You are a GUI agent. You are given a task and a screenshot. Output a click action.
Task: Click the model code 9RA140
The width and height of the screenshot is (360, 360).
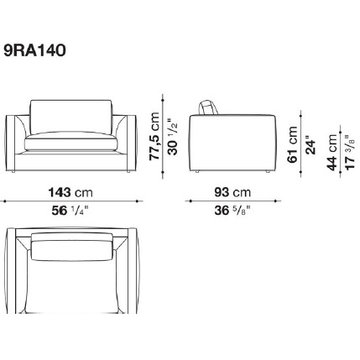tap(35, 51)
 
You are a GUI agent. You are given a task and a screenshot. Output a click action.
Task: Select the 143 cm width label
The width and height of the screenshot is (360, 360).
tap(70, 192)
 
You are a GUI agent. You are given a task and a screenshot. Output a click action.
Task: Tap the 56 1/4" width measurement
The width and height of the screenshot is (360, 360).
tap(70, 211)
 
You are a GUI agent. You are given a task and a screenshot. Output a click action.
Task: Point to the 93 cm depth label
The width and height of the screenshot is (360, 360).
tap(232, 192)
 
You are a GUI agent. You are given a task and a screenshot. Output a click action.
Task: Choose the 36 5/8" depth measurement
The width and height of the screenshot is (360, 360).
tap(232, 211)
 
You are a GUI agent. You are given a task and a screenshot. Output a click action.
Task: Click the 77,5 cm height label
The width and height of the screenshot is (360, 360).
tap(154, 136)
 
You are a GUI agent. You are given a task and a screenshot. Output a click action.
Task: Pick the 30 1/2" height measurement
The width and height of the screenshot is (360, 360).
tap(173, 137)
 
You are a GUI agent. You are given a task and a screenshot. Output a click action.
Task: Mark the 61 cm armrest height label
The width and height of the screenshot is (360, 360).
tap(293, 144)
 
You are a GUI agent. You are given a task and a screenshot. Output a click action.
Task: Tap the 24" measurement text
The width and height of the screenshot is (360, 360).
tap(310, 145)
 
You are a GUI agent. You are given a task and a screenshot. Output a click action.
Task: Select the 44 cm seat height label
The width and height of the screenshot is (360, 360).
tap(332, 153)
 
